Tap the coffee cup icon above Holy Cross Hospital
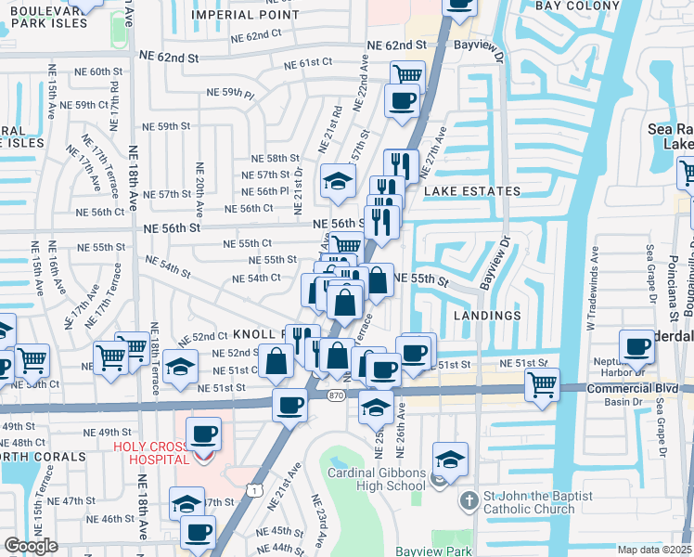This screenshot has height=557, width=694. pyautogui.click(x=203, y=434)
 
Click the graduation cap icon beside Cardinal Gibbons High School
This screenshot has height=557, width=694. pyautogui.click(x=450, y=459)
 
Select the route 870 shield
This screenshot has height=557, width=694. pyautogui.click(x=336, y=395)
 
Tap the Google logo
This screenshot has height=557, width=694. pyautogui.click(x=31, y=546)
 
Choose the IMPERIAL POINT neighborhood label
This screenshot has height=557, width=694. pyautogui.click(x=245, y=15)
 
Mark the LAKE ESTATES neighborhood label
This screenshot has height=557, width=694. pyautogui.click(x=472, y=191)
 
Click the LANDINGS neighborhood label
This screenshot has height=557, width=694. pyautogui.click(x=488, y=316)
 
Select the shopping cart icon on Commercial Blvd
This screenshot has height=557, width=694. pyautogui.click(x=542, y=383)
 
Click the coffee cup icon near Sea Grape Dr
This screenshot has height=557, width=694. pyautogui.click(x=637, y=347)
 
